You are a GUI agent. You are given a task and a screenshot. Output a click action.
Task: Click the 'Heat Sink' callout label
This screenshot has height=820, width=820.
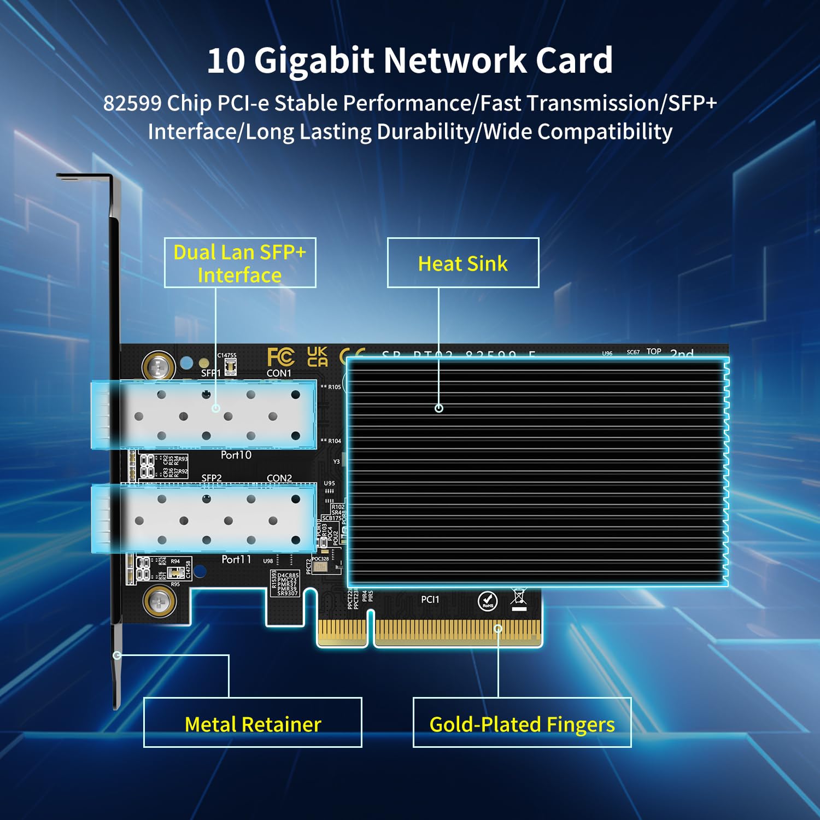click(462, 263)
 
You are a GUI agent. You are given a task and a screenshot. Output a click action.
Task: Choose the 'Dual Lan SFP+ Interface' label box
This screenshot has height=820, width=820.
click(240, 263)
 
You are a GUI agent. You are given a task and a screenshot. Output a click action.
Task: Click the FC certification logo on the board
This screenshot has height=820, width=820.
click(280, 357)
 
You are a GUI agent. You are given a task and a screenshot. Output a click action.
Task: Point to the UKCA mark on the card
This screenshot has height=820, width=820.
click(317, 356)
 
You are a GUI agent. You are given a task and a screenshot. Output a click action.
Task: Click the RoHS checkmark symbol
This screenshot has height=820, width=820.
click(488, 601)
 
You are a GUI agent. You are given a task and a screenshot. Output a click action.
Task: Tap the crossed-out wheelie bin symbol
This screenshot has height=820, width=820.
click(518, 600)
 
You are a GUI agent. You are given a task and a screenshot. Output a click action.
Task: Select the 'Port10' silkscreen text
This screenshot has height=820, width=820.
click(236, 455)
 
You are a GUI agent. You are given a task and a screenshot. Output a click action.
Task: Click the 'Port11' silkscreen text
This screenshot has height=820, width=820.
click(236, 559)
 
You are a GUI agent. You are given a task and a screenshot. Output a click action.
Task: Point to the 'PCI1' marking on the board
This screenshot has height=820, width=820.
click(430, 600)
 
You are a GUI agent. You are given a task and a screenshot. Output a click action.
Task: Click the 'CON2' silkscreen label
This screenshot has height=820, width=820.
click(279, 478)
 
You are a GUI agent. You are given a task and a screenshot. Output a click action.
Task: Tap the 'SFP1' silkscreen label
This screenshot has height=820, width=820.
click(211, 373)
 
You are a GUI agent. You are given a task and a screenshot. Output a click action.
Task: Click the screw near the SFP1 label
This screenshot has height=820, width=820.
click(159, 366)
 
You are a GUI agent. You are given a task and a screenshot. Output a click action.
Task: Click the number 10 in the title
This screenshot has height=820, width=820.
click(226, 60)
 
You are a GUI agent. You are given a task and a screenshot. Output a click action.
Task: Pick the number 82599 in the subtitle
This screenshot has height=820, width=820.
click(132, 103)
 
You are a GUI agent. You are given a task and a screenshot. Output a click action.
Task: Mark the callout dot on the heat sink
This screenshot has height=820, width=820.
click(438, 408)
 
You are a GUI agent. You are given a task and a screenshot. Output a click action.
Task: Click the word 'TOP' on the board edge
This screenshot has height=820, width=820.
click(654, 352)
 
